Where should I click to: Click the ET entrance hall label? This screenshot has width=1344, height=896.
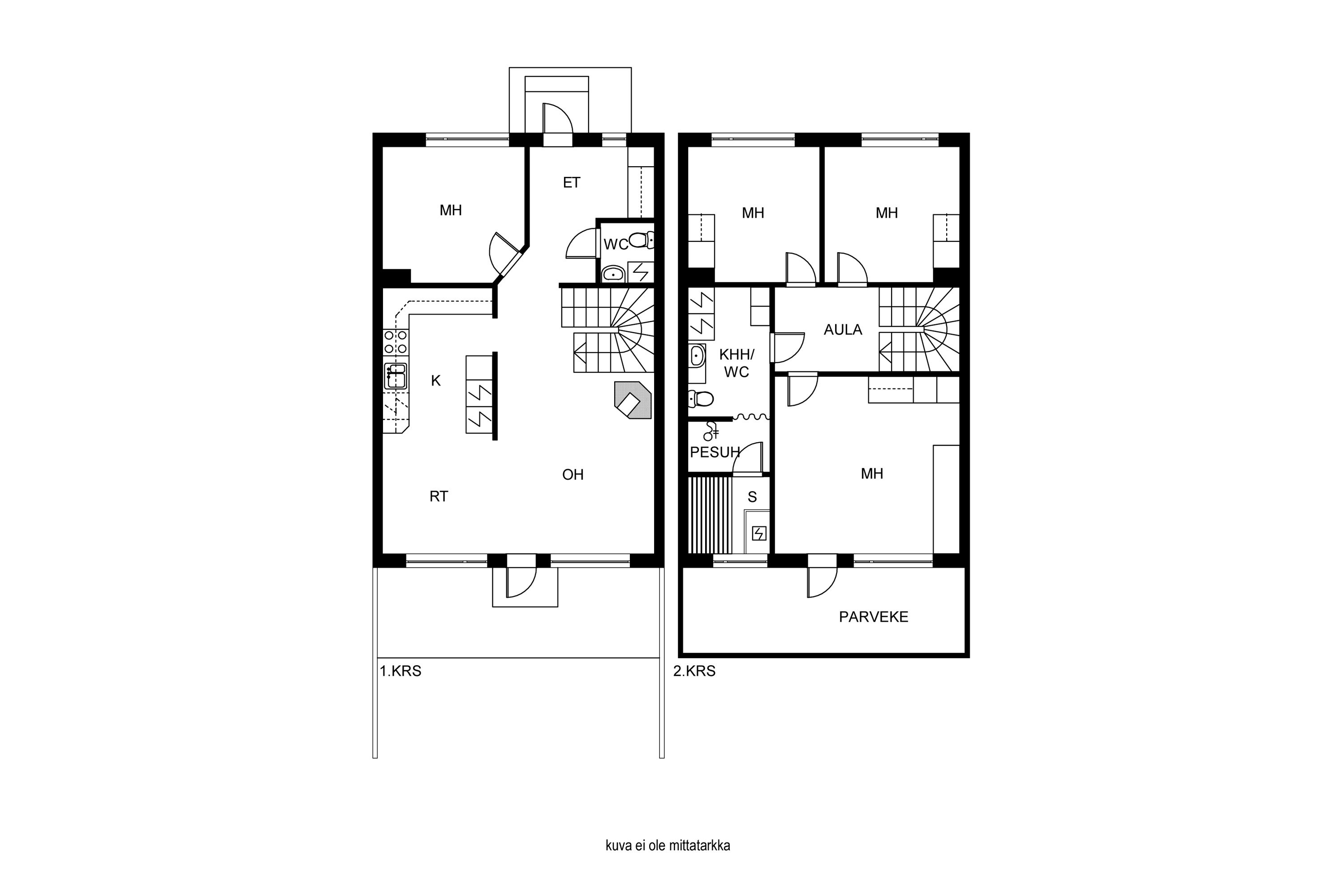(x=572, y=182)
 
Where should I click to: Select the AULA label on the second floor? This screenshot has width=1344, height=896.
(x=843, y=330)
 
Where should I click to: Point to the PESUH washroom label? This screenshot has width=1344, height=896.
(x=715, y=452)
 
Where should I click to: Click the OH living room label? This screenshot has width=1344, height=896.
(x=573, y=474)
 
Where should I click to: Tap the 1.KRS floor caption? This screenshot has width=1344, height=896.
(x=401, y=671)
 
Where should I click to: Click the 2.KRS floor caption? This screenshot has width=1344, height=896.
(x=694, y=671)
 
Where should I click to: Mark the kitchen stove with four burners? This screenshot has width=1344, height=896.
(x=396, y=342)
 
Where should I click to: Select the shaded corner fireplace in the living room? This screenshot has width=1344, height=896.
(x=633, y=400)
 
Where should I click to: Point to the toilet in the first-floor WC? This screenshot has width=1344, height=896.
(x=641, y=240)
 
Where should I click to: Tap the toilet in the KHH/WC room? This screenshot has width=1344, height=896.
(x=701, y=399)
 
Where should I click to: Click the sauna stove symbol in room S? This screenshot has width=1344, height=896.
(x=759, y=534)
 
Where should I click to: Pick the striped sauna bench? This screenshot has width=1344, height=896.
(x=710, y=516)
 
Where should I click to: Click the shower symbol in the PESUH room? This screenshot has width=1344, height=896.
(x=711, y=431)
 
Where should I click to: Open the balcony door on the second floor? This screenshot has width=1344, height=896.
(x=822, y=576)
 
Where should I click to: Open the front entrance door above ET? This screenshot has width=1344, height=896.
(x=557, y=125)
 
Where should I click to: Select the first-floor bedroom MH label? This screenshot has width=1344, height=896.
(x=450, y=210)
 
